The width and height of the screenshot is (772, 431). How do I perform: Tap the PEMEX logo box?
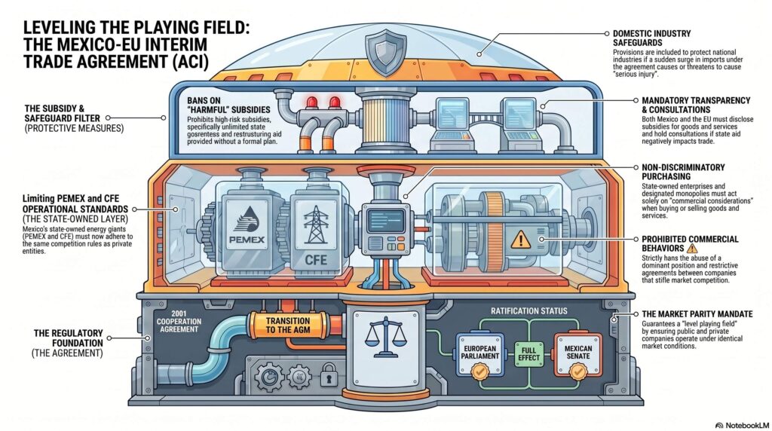click(x=246, y=223)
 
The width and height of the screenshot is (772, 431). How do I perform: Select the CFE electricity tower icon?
click(x=315, y=225)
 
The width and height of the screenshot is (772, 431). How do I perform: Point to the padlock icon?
click(x=328, y=375)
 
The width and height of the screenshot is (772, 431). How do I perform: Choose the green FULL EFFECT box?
click(x=528, y=353)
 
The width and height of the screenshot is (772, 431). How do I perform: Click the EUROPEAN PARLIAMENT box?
click(x=480, y=353)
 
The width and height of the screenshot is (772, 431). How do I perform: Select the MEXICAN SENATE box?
click(x=578, y=353)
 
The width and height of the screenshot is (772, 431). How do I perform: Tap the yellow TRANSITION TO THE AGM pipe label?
click(x=288, y=326)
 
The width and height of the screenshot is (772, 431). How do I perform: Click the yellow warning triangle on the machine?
click(x=520, y=240)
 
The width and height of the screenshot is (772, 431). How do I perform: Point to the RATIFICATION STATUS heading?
click(x=528, y=311)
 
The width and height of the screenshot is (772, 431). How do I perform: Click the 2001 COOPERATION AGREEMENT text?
click(x=179, y=321)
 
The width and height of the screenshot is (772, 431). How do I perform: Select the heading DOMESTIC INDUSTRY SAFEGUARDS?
click(x=652, y=38)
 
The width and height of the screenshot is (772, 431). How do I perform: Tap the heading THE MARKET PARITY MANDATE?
click(x=697, y=314)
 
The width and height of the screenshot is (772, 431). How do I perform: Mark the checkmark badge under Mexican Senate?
click(x=577, y=371)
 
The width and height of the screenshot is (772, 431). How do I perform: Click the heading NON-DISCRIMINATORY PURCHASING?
click(x=683, y=172)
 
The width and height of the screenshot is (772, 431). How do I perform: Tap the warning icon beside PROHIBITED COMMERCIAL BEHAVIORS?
click(x=692, y=248)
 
